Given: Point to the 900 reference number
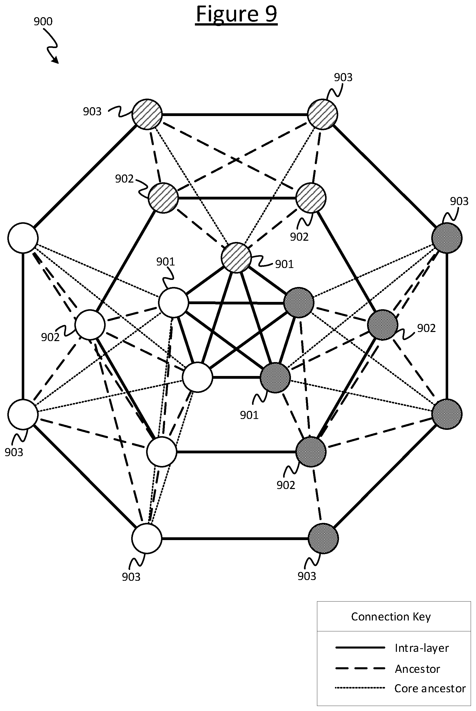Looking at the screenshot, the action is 43,21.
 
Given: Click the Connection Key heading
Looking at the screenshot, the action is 391,617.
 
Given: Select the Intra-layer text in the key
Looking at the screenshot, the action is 422,648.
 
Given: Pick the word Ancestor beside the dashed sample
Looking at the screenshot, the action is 417,669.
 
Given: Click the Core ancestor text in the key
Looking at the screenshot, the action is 430,688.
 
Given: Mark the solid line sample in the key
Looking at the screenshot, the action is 360,648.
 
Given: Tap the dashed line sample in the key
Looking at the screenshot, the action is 360,668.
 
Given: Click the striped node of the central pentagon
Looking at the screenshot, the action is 236,258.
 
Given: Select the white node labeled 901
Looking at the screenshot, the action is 173,302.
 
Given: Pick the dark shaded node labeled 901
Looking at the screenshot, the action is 275,378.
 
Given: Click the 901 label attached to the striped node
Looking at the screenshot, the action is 284,264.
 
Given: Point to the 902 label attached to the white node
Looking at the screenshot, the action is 50,337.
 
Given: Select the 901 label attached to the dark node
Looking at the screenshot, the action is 249,415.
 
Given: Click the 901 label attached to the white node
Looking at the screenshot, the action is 165,261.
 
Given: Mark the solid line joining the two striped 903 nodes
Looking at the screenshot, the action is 235,115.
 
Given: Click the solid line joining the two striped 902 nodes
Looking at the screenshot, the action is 237,198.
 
